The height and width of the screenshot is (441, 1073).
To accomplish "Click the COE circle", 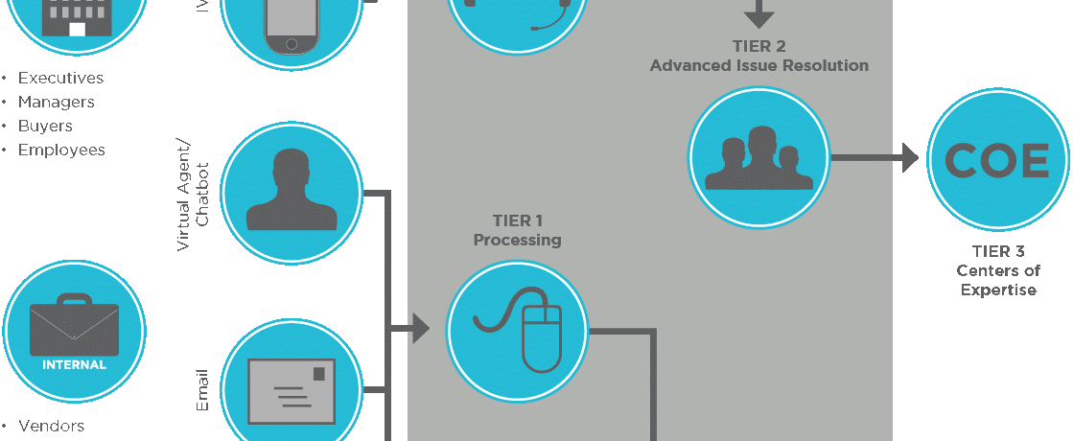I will [997, 161].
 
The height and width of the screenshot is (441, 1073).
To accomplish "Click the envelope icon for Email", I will [292, 390].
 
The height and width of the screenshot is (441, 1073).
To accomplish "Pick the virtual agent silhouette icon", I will [292, 191].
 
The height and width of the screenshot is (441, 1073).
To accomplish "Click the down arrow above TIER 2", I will [759, 13].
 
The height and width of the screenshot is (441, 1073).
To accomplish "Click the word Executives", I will [60, 78].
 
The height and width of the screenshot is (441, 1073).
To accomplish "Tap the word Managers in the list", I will [56, 102].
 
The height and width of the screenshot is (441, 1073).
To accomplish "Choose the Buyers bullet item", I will [45, 126].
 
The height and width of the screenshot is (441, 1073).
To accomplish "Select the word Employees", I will [61, 150].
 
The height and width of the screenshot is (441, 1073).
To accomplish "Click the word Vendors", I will [51, 426].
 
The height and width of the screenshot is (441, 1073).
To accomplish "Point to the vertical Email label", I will [202, 391].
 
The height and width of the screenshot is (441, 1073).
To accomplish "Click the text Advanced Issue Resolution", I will [758, 65].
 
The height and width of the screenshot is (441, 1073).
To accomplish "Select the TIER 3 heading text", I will [998, 251].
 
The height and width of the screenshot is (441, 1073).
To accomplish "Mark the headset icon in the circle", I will [518, 12].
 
